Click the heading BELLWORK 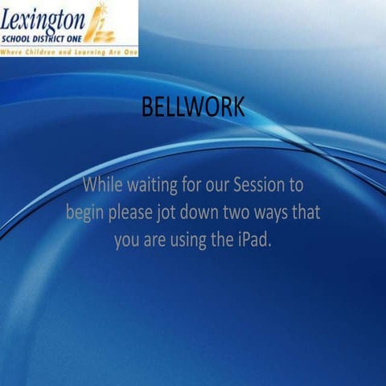pyautogui.click(x=192, y=108)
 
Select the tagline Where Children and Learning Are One pyautogui.click(x=69, y=51)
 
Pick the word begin pyautogui.click(x=85, y=214)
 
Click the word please pyautogui.click(x=133, y=214)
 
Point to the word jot pyautogui.click(x=172, y=214)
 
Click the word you pyautogui.click(x=128, y=242)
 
